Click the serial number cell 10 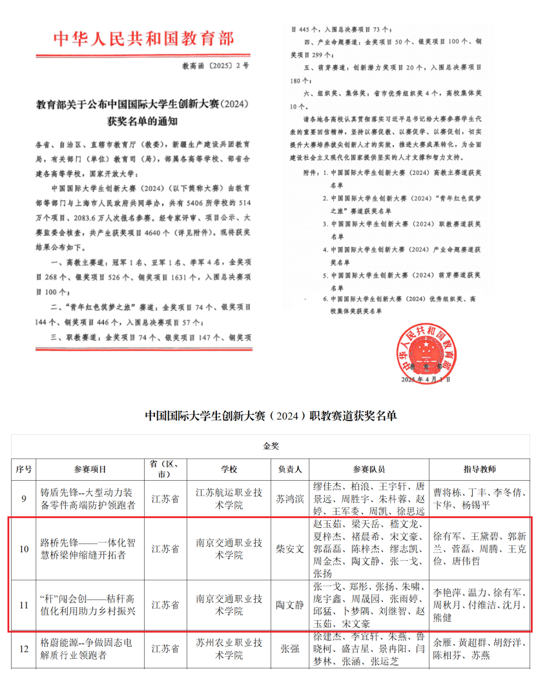24,549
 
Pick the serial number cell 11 24,605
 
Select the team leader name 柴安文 290,549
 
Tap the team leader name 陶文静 290,605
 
